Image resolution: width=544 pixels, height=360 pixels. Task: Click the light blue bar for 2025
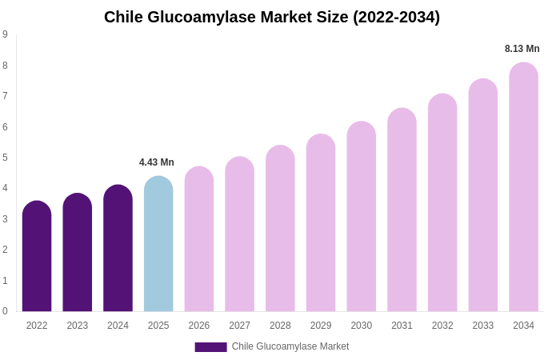tap(158, 244)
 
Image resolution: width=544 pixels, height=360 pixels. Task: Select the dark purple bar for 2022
tap(37, 256)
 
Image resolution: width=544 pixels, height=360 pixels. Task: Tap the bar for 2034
tap(523, 187)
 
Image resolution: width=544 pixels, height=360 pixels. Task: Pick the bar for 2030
tap(361, 216)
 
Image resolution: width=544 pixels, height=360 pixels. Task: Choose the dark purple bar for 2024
tap(118, 248)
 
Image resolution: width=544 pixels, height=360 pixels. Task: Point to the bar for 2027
tap(239, 234)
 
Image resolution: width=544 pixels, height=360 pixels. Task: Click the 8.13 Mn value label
tap(522, 49)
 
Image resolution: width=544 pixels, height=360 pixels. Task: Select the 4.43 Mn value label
tap(157, 162)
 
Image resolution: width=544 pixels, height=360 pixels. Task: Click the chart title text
tap(272, 17)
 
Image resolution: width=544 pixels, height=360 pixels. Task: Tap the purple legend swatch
tap(210, 347)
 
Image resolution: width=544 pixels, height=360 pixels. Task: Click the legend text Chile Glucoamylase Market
tap(290, 346)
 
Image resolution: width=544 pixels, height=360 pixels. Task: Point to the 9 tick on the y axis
tap(5, 34)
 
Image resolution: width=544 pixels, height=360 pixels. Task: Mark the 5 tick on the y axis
tap(5, 158)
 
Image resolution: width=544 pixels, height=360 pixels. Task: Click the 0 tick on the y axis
tap(5, 311)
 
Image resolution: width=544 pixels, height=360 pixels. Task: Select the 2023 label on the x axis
tap(78, 326)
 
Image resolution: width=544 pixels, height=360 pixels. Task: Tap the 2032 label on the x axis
tap(442, 326)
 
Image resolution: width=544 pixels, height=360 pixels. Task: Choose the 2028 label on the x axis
tap(280, 326)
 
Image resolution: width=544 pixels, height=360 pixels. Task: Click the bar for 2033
tap(482, 195)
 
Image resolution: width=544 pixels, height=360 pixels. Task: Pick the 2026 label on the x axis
tap(199, 326)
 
